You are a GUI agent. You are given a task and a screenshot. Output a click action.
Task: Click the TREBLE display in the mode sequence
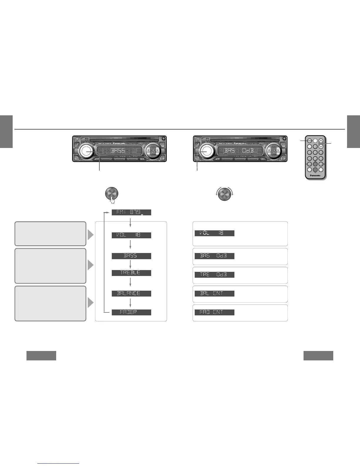click(x=131, y=273)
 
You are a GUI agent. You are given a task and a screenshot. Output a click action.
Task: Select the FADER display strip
click(x=131, y=312)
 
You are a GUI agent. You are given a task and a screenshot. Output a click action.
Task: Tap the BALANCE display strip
click(x=131, y=293)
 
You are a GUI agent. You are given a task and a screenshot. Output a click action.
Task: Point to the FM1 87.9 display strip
click(x=131, y=212)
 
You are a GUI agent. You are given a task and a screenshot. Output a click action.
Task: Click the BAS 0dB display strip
click(x=214, y=256)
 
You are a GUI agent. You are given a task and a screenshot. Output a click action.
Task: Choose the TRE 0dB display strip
click(x=214, y=275)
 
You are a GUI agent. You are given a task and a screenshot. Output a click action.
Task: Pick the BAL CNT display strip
click(x=214, y=294)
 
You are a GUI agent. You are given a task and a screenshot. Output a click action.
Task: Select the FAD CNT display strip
click(x=214, y=312)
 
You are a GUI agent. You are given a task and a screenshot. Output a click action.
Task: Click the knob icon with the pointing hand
click(x=111, y=194)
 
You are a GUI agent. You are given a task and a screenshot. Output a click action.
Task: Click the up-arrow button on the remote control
click(x=321, y=141)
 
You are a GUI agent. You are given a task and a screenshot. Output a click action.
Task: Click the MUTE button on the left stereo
click(x=96, y=159)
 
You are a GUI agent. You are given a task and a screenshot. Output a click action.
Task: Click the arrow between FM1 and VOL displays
click(x=130, y=223)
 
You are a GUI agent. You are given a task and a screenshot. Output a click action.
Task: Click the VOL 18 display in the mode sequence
click(x=131, y=235)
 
